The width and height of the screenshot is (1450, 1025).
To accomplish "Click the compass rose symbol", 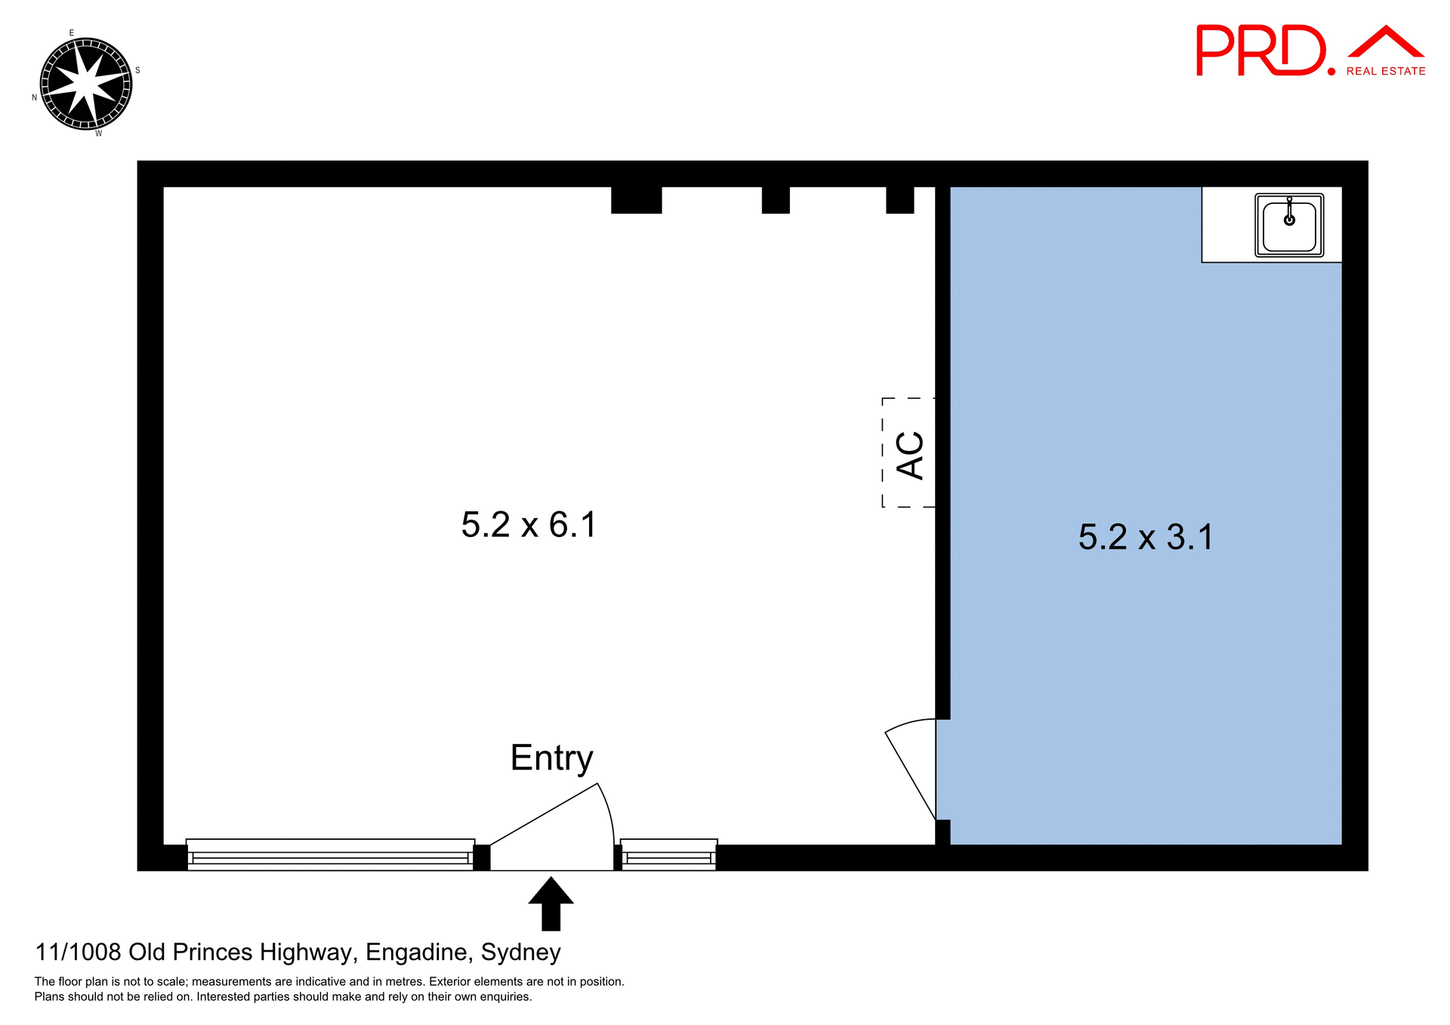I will point(85,83).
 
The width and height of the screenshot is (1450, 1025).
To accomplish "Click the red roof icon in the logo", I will point(1386,42).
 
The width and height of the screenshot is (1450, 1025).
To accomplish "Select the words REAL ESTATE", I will point(1386,72).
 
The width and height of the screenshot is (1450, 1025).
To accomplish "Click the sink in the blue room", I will point(1289,225).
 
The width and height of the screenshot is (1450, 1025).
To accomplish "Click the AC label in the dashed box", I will point(910,455).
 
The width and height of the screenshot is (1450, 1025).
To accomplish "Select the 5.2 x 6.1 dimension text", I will point(529,525).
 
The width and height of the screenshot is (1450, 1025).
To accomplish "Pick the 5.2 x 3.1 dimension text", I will point(1146,538).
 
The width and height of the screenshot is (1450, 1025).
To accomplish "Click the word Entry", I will point(551,758).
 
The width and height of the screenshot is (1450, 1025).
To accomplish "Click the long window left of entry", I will point(330,856).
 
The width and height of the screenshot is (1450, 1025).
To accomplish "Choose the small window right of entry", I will point(668,856).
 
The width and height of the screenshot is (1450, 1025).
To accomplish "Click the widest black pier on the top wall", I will point(636,200).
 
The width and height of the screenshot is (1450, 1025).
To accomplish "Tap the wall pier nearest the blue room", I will point(899,200).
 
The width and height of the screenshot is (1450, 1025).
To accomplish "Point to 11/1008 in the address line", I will point(78,952).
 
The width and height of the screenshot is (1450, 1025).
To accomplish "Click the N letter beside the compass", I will point(34,97).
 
